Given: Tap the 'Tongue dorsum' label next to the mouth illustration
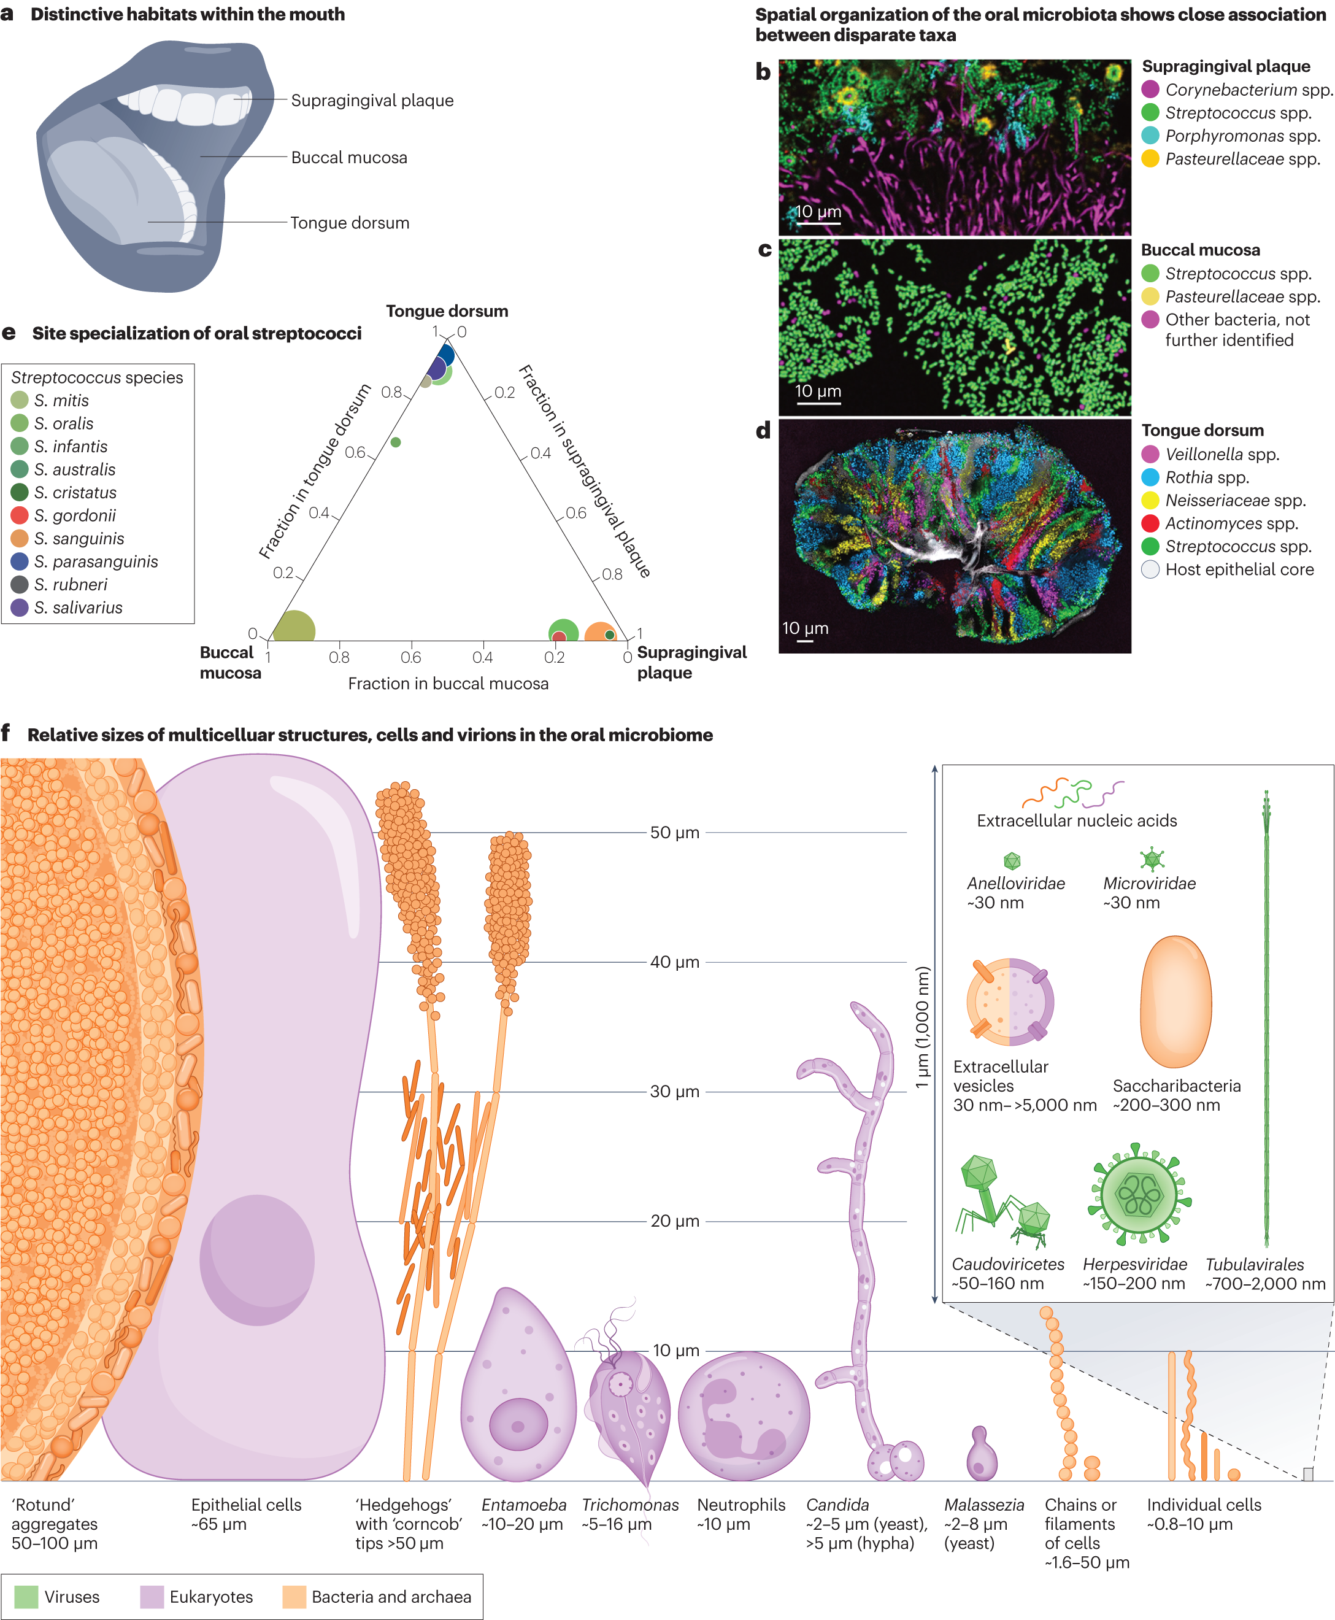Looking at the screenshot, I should (349, 223).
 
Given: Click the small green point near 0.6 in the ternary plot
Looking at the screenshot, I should (395, 442).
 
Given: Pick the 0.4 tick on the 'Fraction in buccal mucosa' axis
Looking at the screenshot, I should (482, 658).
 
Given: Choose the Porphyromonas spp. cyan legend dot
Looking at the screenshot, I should (1150, 136).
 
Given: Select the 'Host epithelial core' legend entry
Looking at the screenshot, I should (1239, 570).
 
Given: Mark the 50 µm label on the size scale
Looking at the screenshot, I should (674, 832).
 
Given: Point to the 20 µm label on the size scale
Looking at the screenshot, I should (674, 1221).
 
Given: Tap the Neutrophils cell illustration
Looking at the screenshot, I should (744, 1416).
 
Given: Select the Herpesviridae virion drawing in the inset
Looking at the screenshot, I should (1139, 1195).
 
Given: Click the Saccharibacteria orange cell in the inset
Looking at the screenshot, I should (1176, 1001).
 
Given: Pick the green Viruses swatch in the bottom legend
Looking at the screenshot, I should (26, 1597).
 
